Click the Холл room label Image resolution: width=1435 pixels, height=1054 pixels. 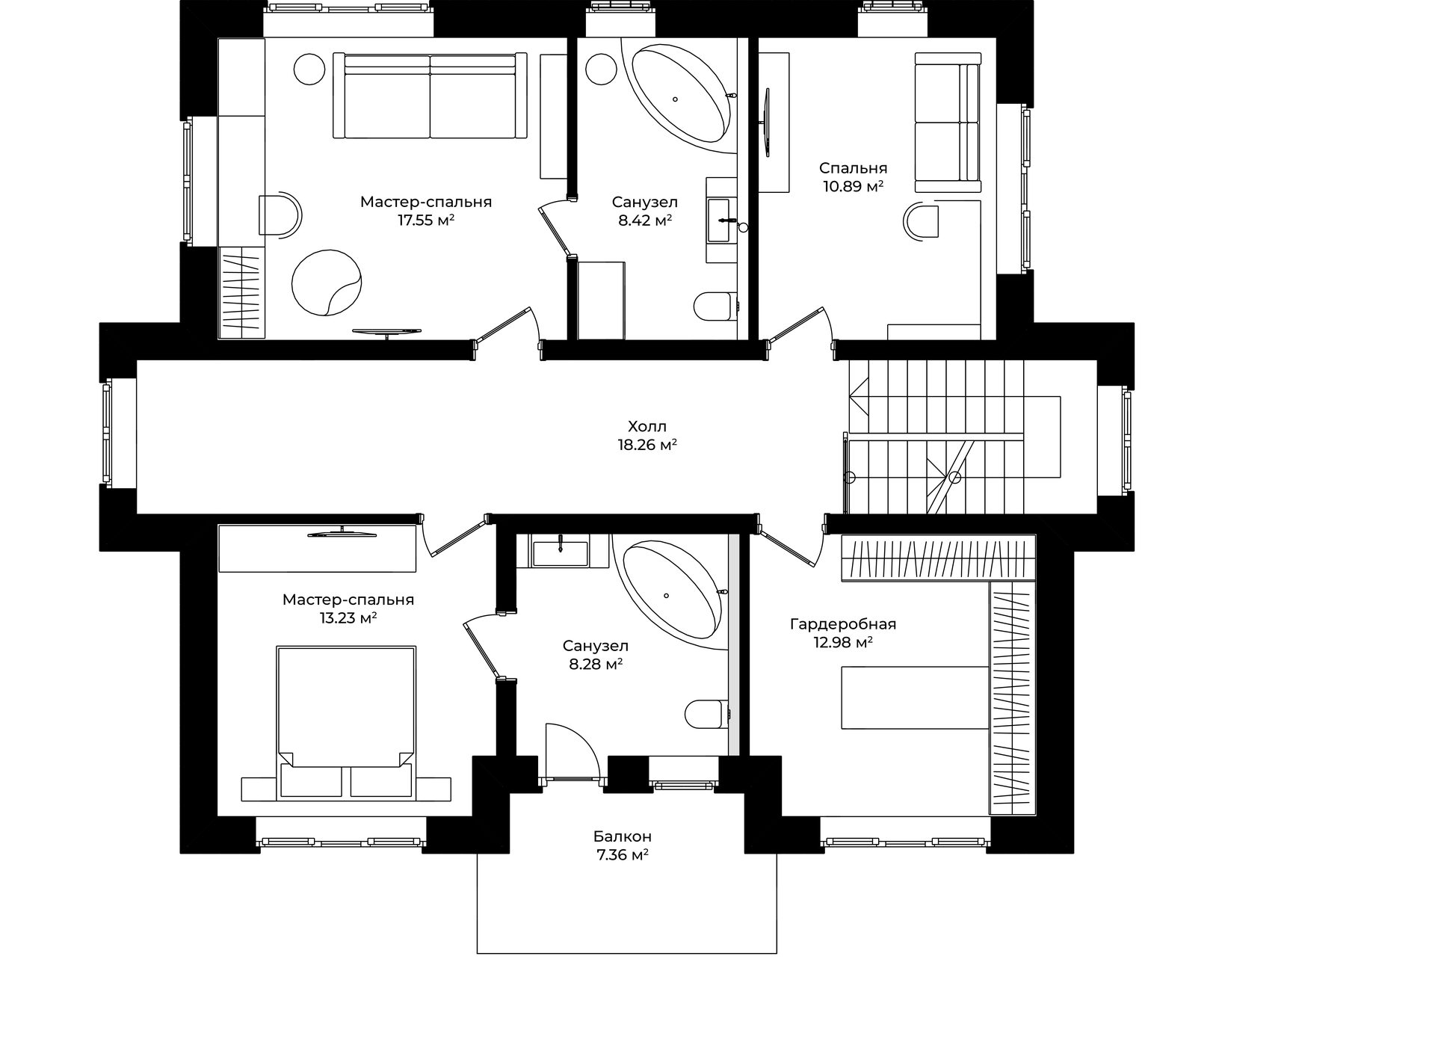[x=647, y=427]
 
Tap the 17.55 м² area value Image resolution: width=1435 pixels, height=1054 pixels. [x=427, y=221]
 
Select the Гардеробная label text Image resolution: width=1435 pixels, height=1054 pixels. [x=843, y=624]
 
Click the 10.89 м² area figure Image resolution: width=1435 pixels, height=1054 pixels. [x=854, y=186]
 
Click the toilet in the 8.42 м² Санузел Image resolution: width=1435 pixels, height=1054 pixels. [x=715, y=306]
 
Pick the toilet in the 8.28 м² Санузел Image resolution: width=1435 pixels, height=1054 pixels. [x=706, y=713]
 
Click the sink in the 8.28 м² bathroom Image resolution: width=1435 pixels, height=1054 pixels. [x=561, y=552]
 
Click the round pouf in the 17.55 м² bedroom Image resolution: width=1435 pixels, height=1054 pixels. [x=327, y=282]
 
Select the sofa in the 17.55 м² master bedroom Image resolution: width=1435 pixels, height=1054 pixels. [x=430, y=95]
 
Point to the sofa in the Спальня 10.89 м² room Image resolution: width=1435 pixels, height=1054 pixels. [x=948, y=120]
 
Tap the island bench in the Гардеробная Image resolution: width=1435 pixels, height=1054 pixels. [x=916, y=697]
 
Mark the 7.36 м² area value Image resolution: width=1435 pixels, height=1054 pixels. [x=623, y=855]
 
